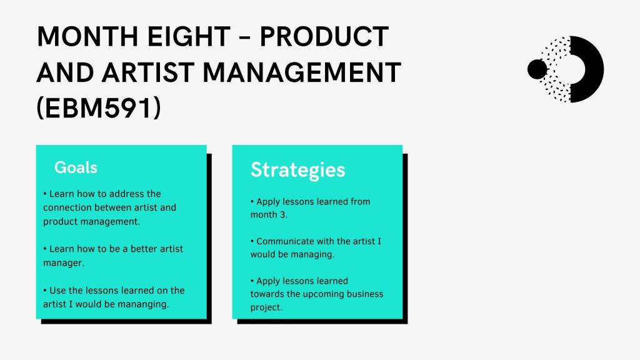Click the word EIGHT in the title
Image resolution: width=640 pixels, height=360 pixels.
[x=189, y=36]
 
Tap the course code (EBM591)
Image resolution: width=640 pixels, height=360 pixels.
[x=99, y=109]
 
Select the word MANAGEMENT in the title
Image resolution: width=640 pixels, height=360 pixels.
[x=302, y=72]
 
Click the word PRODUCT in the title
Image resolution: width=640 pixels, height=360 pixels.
[x=324, y=36]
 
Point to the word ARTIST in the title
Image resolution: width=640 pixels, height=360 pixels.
[x=148, y=72]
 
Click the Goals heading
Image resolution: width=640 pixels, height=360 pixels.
[x=76, y=167]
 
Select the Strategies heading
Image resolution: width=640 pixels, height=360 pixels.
[x=298, y=170]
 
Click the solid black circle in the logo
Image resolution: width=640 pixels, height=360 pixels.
[x=537, y=69]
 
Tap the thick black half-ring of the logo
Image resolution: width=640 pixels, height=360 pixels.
[x=595, y=69]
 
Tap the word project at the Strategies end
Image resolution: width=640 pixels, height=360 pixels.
[x=265, y=307]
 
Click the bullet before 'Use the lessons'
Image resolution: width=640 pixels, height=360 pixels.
[x=45, y=291]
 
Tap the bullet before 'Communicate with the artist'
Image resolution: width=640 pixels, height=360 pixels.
[x=252, y=241]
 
